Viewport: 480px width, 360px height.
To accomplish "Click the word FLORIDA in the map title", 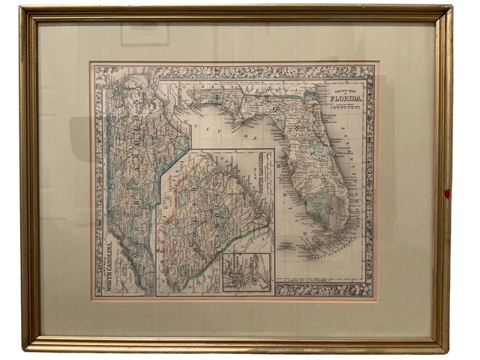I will (x=346, y=98).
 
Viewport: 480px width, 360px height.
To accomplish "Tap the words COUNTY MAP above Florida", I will (x=344, y=90).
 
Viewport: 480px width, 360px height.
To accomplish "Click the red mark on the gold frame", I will (x=448, y=193).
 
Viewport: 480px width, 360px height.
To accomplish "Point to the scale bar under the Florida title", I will (x=346, y=107).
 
